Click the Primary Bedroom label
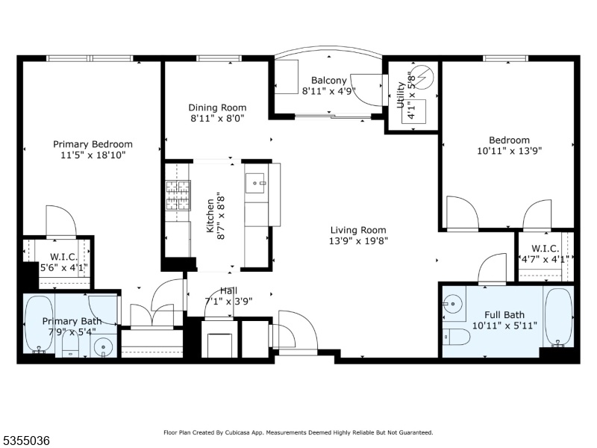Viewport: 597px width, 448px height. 93,144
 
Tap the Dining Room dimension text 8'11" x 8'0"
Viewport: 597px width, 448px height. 217,118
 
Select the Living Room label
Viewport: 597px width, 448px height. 358,230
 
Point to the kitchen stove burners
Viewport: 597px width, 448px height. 178,196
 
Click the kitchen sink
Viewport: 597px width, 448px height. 254,183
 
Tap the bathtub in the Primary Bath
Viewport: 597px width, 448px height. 39,324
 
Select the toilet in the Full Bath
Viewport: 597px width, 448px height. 457,337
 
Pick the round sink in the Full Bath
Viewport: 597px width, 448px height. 452,304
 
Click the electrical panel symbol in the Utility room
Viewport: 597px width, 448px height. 423,77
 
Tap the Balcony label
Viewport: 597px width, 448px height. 329,81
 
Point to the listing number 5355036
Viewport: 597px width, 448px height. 25,441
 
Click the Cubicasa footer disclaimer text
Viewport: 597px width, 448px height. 298,432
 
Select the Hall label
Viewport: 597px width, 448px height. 228,291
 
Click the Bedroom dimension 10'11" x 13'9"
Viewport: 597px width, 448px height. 510,151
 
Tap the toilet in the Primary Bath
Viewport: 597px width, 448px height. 70,343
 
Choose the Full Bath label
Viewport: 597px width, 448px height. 504,315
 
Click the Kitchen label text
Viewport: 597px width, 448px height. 210,216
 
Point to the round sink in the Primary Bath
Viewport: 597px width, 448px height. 104,347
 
